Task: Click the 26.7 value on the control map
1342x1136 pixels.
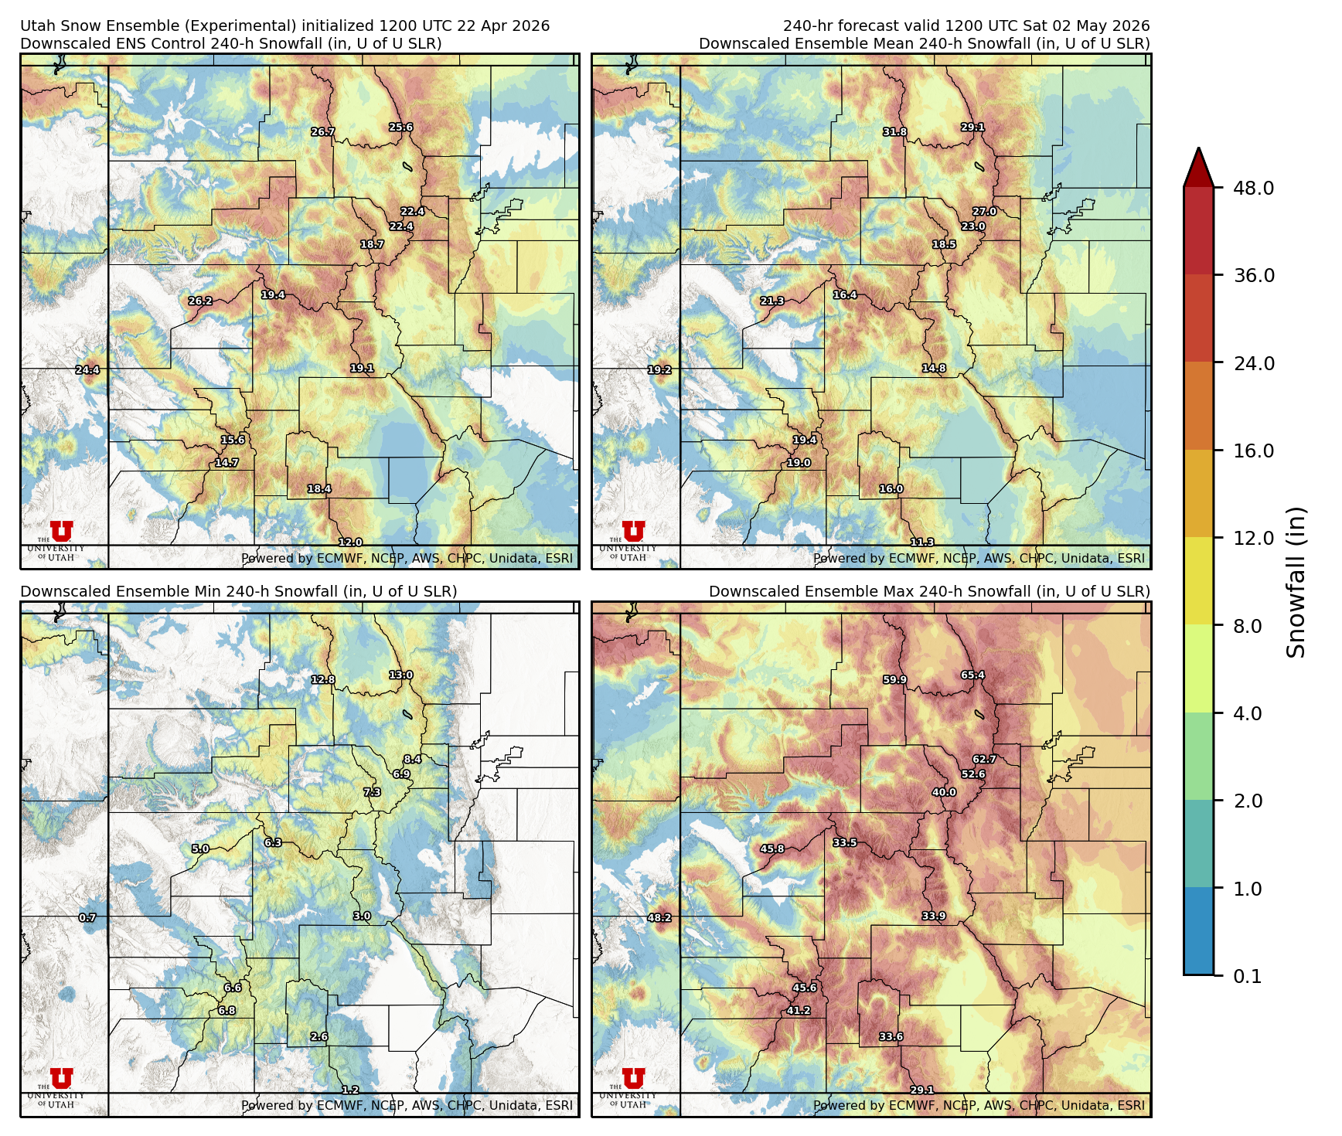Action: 323,132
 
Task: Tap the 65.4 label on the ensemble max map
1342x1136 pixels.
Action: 972,675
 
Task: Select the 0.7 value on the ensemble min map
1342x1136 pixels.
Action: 87,918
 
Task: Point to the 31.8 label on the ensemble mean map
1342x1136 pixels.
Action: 895,132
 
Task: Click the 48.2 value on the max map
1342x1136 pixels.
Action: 659,918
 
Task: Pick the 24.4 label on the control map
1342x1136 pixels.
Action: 87,370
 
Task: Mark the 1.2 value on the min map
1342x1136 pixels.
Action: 350,1090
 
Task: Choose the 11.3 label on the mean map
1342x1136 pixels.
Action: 922,542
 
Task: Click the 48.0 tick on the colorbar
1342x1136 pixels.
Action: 1252,189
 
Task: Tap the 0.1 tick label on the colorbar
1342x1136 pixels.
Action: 1247,977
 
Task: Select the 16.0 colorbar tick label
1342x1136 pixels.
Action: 1252,451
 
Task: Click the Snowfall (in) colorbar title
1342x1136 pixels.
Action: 1296,582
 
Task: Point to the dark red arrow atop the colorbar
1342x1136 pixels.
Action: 1197,168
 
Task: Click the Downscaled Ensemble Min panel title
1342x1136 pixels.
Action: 238,592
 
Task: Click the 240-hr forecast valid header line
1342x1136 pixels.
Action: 966,26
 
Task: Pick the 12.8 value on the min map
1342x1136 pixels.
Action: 323,680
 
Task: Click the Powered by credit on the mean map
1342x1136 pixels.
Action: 979,558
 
